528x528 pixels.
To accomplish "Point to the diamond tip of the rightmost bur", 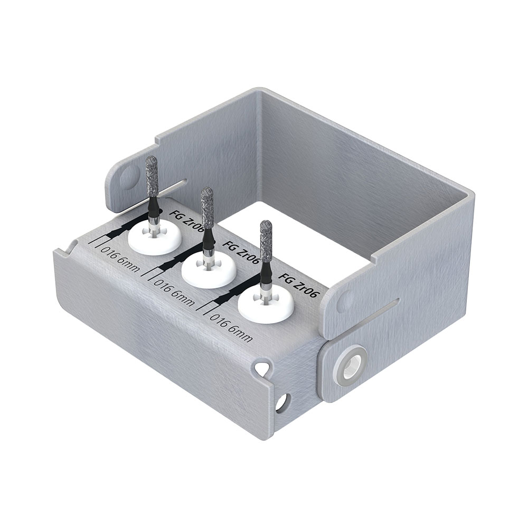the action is tap(266, 241).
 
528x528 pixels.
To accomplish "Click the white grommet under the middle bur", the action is tap(209, 270).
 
